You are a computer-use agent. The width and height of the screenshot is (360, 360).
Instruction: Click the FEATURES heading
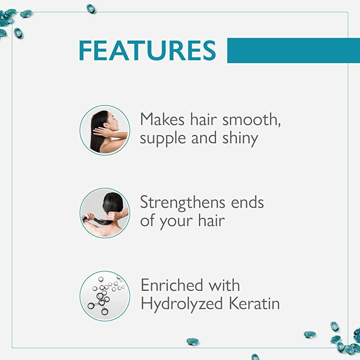pos(147,50)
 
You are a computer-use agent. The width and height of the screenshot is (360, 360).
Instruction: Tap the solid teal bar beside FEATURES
pos(293,50)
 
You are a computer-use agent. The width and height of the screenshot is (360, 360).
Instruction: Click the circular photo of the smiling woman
pos(105,130)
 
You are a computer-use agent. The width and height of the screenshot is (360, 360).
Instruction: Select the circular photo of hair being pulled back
pos(105,213)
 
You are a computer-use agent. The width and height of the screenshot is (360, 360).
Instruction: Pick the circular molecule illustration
pos(105,296)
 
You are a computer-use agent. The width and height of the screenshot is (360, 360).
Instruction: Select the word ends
pos(248,202)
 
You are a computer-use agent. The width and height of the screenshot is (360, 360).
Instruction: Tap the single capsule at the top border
pos(91,9)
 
